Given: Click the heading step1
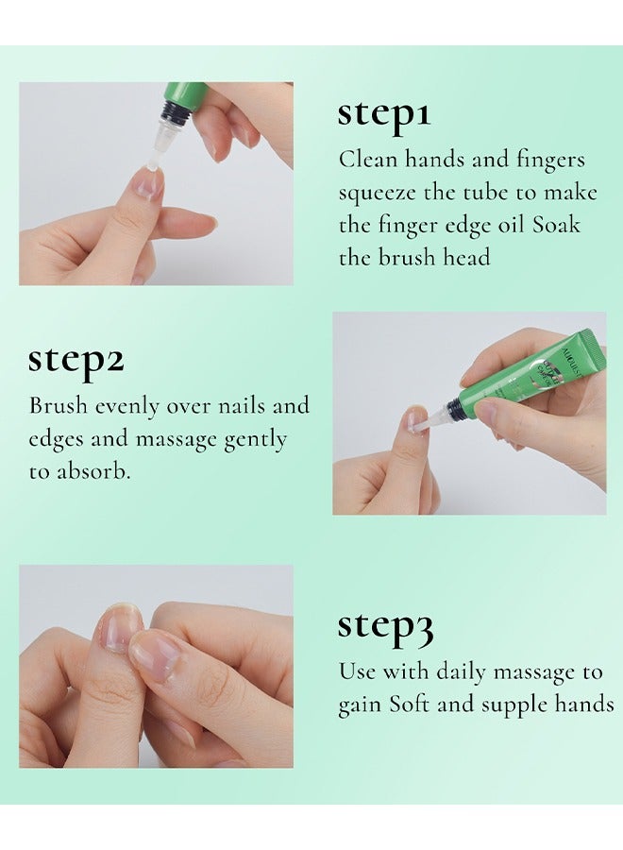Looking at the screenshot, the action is point(384,114).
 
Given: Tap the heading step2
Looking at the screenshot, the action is point(76,360).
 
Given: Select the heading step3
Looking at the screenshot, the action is point(385,626).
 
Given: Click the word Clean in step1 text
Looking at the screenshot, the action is point(368,160).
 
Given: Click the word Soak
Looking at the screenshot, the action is point(556,225).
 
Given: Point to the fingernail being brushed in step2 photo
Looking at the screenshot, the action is point(415,420).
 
